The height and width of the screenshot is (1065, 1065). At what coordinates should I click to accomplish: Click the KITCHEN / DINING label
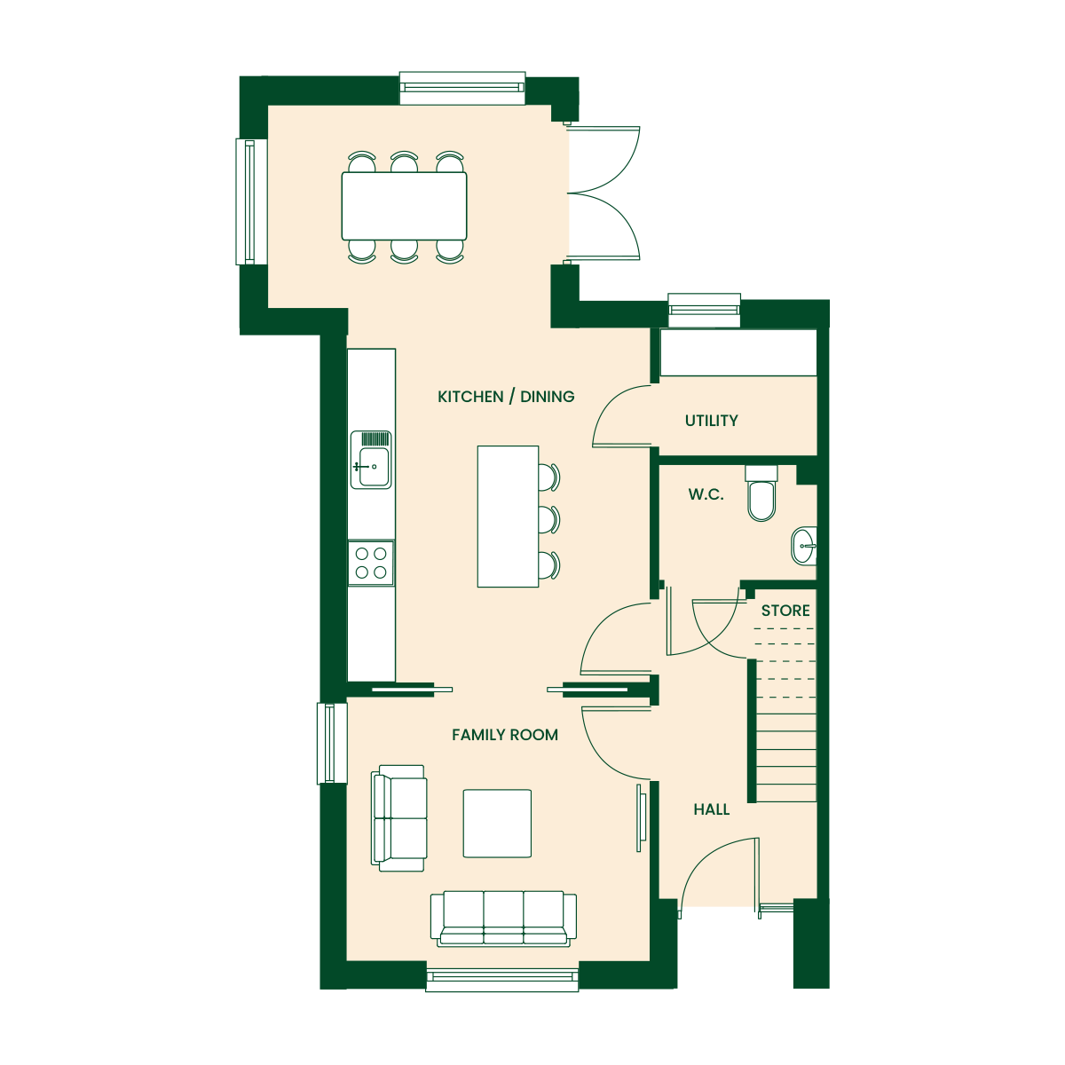coord(506,397)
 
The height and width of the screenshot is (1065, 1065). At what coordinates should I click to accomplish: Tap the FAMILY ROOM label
coord(505,735)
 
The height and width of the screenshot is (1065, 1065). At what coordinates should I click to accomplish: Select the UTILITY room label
coord(711,422)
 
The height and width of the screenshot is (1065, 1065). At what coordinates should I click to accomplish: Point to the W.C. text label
coord(706,494)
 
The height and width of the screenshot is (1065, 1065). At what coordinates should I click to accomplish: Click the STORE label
coord(785,611)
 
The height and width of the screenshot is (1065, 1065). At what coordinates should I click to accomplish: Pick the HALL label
coord(711,809)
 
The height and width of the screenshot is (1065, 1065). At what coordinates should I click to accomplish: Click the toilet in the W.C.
coord(761,493)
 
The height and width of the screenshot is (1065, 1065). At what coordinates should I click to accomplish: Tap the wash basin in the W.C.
coord(804,546)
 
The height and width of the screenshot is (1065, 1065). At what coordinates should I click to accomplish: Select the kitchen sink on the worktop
coord(371,460)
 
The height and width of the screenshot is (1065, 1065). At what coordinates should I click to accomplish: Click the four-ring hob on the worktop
coord(371,564)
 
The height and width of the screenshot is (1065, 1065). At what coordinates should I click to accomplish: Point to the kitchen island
coord(508,517)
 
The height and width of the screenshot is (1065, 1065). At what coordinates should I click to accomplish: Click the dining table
coord(404,206)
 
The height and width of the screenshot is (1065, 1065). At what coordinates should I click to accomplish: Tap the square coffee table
coord(497,824)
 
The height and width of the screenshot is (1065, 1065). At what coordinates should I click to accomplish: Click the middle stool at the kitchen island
coord(548,519)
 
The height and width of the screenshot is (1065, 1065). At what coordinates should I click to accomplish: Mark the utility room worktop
coord(738,352)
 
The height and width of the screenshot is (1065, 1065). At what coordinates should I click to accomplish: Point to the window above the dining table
coord(462,88)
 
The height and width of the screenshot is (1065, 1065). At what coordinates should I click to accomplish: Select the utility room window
coord(704,310)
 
